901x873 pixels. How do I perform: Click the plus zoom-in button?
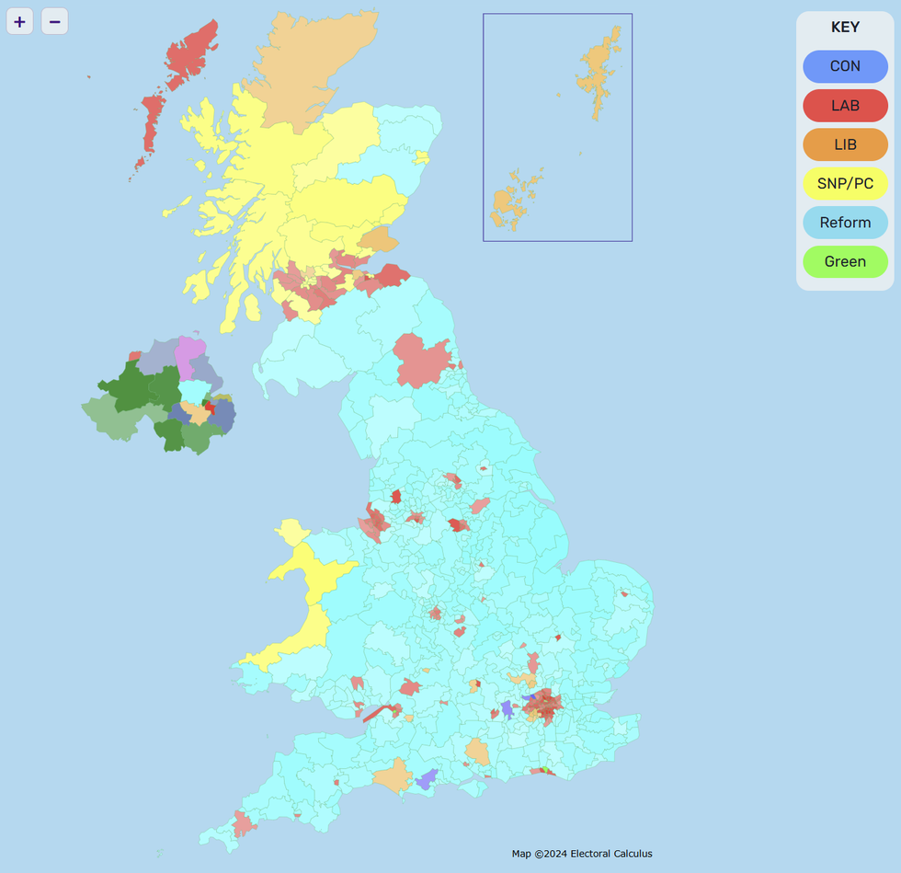[x=19, y=21]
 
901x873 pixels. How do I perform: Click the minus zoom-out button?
[x=54, y=21]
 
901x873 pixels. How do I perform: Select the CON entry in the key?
[x=845, y=66]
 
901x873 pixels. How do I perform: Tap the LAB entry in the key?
[x=845, y=106]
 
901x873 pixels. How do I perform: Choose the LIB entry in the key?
[x=845, y=144]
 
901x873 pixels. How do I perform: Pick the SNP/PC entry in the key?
[x=845, y=184]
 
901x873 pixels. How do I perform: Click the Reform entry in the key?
[x=845, y=223]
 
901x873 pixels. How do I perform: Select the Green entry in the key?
[x=845, y=262]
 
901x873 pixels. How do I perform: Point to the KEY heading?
[x=845, y=28]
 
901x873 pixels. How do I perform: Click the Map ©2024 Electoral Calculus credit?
[x=582, y=854]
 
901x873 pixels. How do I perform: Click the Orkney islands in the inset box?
[x=508, y=201]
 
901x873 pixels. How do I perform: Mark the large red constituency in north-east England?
[x=423, y=360]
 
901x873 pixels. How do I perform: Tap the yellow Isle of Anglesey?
[x=293, y=532]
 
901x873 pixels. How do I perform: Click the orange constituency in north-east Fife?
[x=380, y=240]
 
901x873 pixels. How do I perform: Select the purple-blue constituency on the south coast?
[x=426, y=780]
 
